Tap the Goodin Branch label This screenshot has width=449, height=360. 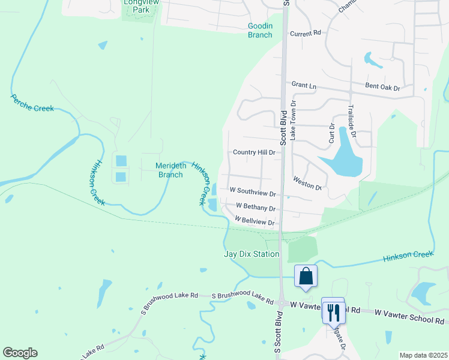coord(260,30)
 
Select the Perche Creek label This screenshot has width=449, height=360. coord(32,103)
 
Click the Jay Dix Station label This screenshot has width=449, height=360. coord(252,254)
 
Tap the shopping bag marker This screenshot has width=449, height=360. coord(306,277)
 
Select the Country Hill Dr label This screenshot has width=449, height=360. coord(254,153)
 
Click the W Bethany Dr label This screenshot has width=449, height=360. coord(256,208)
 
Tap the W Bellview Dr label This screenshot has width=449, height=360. coord(255,221)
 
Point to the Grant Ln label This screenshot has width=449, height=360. coord(304,86)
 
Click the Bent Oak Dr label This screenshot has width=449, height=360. coord(382,88)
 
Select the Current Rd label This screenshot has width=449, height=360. coord(306,34)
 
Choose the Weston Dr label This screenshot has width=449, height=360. coord(308,183)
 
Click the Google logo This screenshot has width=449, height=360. coord(20,353)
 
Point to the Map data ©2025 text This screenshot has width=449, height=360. coord(423,355)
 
